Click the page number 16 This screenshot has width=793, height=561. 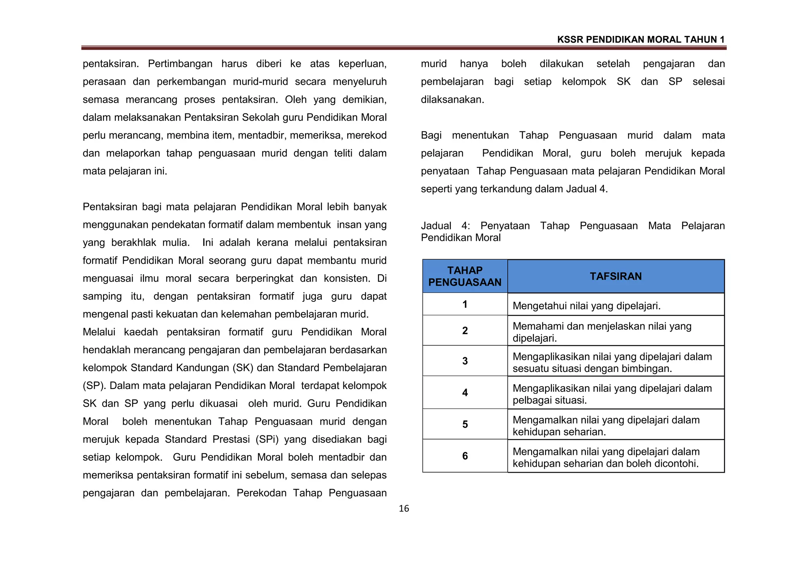click(x=403, y=509)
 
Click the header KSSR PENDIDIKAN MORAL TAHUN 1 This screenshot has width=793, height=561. click(x=640, y=40)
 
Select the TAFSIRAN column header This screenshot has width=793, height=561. click(x=616, y=276)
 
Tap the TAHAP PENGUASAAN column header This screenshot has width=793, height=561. click(x=465, y=276)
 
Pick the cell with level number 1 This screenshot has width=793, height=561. click(x=465, y=305)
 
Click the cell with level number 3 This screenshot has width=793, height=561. click(x=465, y=361)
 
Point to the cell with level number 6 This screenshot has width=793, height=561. click(x=465, y=456)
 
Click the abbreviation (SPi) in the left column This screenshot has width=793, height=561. click(x=267, y=439)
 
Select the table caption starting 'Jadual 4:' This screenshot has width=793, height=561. click(x=572, y=232)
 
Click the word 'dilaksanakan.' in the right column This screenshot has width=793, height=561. click(x=452, y=100)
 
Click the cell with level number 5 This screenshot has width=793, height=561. click(x=465, y=425)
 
